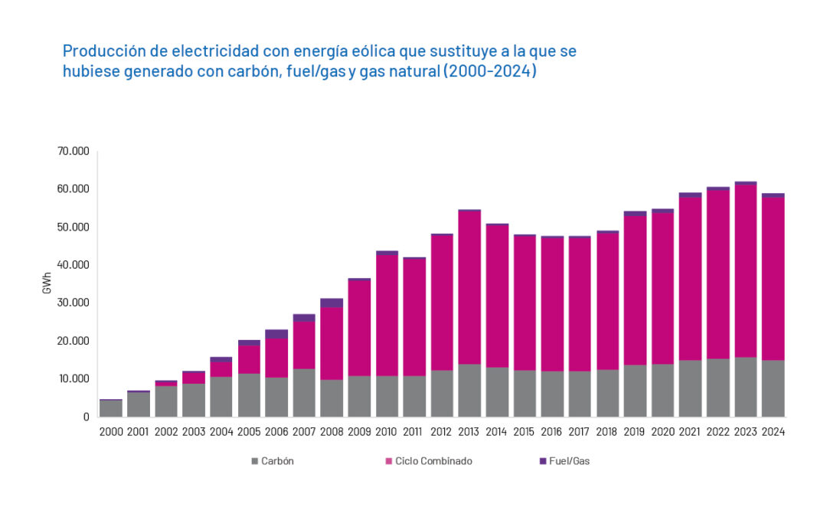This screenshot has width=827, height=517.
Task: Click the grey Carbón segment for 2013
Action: click(469, 390)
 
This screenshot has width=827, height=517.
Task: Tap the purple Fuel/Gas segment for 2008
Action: click(332, 303)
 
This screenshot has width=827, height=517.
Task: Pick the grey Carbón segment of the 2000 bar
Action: click(111, 408)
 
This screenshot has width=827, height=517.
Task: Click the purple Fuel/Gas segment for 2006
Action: click(276, 333)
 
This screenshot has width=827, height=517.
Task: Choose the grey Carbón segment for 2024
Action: click(773, 388)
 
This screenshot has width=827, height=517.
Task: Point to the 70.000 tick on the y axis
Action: click(74, 152)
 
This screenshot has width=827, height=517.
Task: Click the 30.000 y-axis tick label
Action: click(74, 303)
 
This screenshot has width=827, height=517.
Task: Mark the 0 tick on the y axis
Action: click(87, 417)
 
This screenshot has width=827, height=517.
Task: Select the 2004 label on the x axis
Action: click(221, 432)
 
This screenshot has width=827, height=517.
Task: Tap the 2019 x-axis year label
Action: click(635, 432)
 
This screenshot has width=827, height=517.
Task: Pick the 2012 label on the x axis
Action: click(442, 432)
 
